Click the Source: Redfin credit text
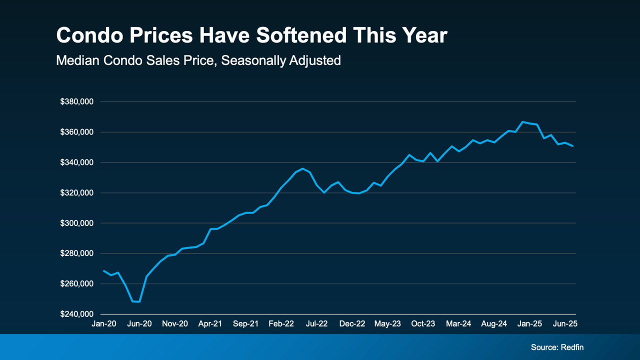click(557, 347)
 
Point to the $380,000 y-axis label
click(76, 102)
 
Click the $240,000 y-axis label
click(76, 314)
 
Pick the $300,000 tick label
click(76, 223)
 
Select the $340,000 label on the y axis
click(76, 162)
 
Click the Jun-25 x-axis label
click(565, 324)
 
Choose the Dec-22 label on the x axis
click(352, 324)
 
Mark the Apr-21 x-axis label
click(210, 324)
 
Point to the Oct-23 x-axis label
click(423, 324)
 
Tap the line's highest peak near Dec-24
click(522, 121)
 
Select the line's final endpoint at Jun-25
click(572, 146)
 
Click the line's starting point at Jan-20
click(103, 270)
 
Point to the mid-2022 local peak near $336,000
click(302, 168)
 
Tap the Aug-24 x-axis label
click(494, 324)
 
